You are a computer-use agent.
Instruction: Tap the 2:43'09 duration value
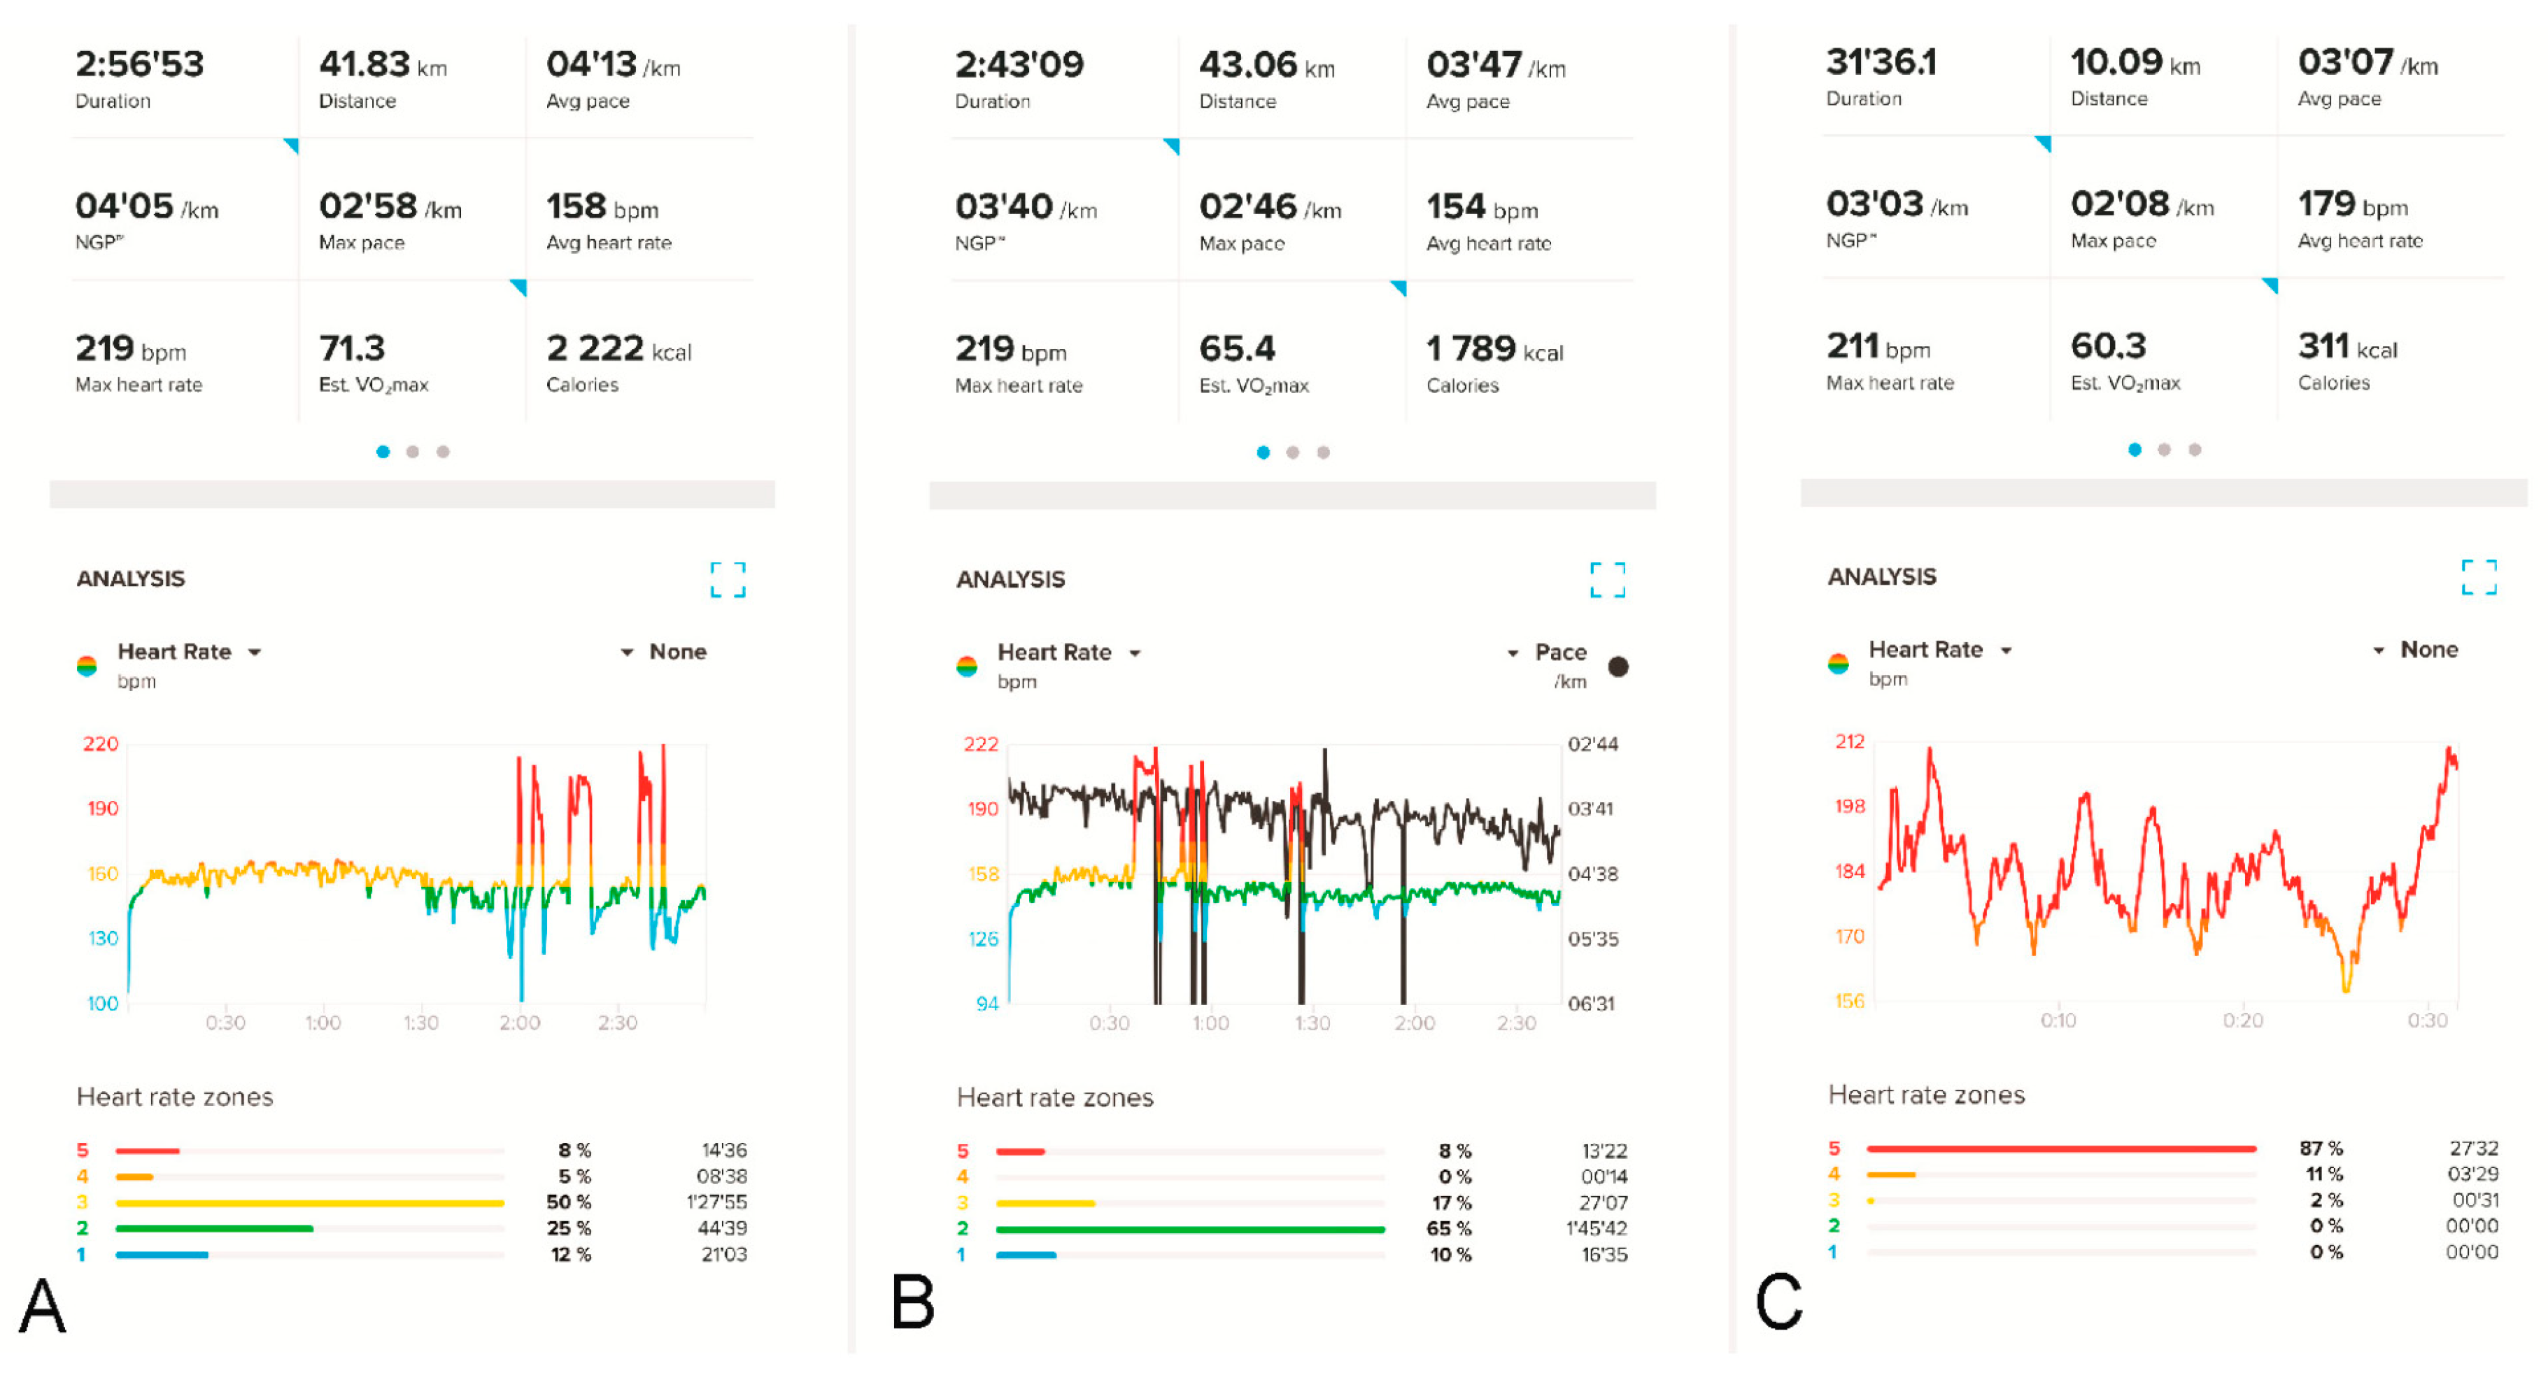point(1019,65)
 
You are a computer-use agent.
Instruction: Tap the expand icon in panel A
point(728,580)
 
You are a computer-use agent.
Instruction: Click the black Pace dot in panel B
point(1618,667)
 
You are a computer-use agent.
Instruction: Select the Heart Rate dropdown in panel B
point(1068,653)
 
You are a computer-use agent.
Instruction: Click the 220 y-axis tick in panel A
point(101,744)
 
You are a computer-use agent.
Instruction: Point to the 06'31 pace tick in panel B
point(1592,1004)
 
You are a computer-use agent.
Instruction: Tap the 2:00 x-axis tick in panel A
point(519,1023)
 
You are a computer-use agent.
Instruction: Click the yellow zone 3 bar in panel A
point(310,1203)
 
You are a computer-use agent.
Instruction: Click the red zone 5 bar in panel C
point(2060,1148)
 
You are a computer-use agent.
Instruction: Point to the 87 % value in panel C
point(2321,1148)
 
